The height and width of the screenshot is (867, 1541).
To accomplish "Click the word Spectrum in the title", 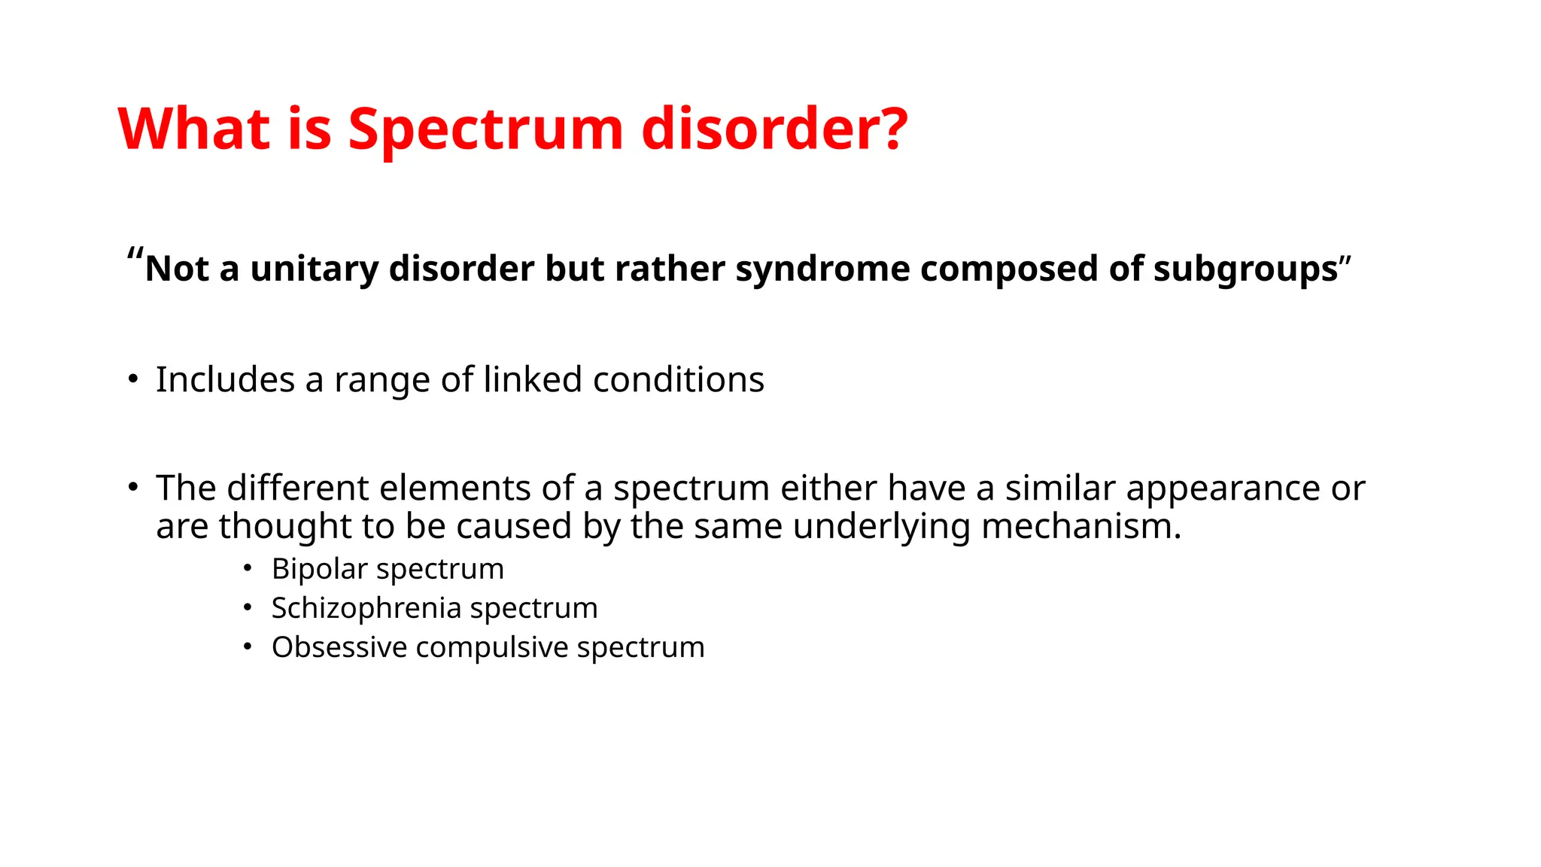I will pyautogui.click(x=485, y=129).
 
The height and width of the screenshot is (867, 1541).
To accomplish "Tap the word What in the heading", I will pyautogui.click(x=193, y=129).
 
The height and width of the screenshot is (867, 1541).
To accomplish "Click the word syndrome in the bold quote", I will pyautogui.click(x=822, y=269).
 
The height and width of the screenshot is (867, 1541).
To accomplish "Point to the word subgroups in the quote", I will pyautogui.click(x=1245, y=269).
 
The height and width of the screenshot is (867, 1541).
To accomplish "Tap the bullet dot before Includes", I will pyautogui.click(x=132, y=379).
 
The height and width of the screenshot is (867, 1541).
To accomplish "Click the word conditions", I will pyautogui.click(x=679, y=379).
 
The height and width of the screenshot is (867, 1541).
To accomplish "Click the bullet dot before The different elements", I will pyautogui.click(x=132, y=488).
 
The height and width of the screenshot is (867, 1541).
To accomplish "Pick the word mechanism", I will pyautogui.click(x=1081, y=525).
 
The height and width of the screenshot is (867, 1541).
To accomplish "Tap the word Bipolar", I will pyautogui.click(x=320, y=569).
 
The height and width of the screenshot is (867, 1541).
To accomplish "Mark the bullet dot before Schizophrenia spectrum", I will pyautogui.click(x=248, y=608).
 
